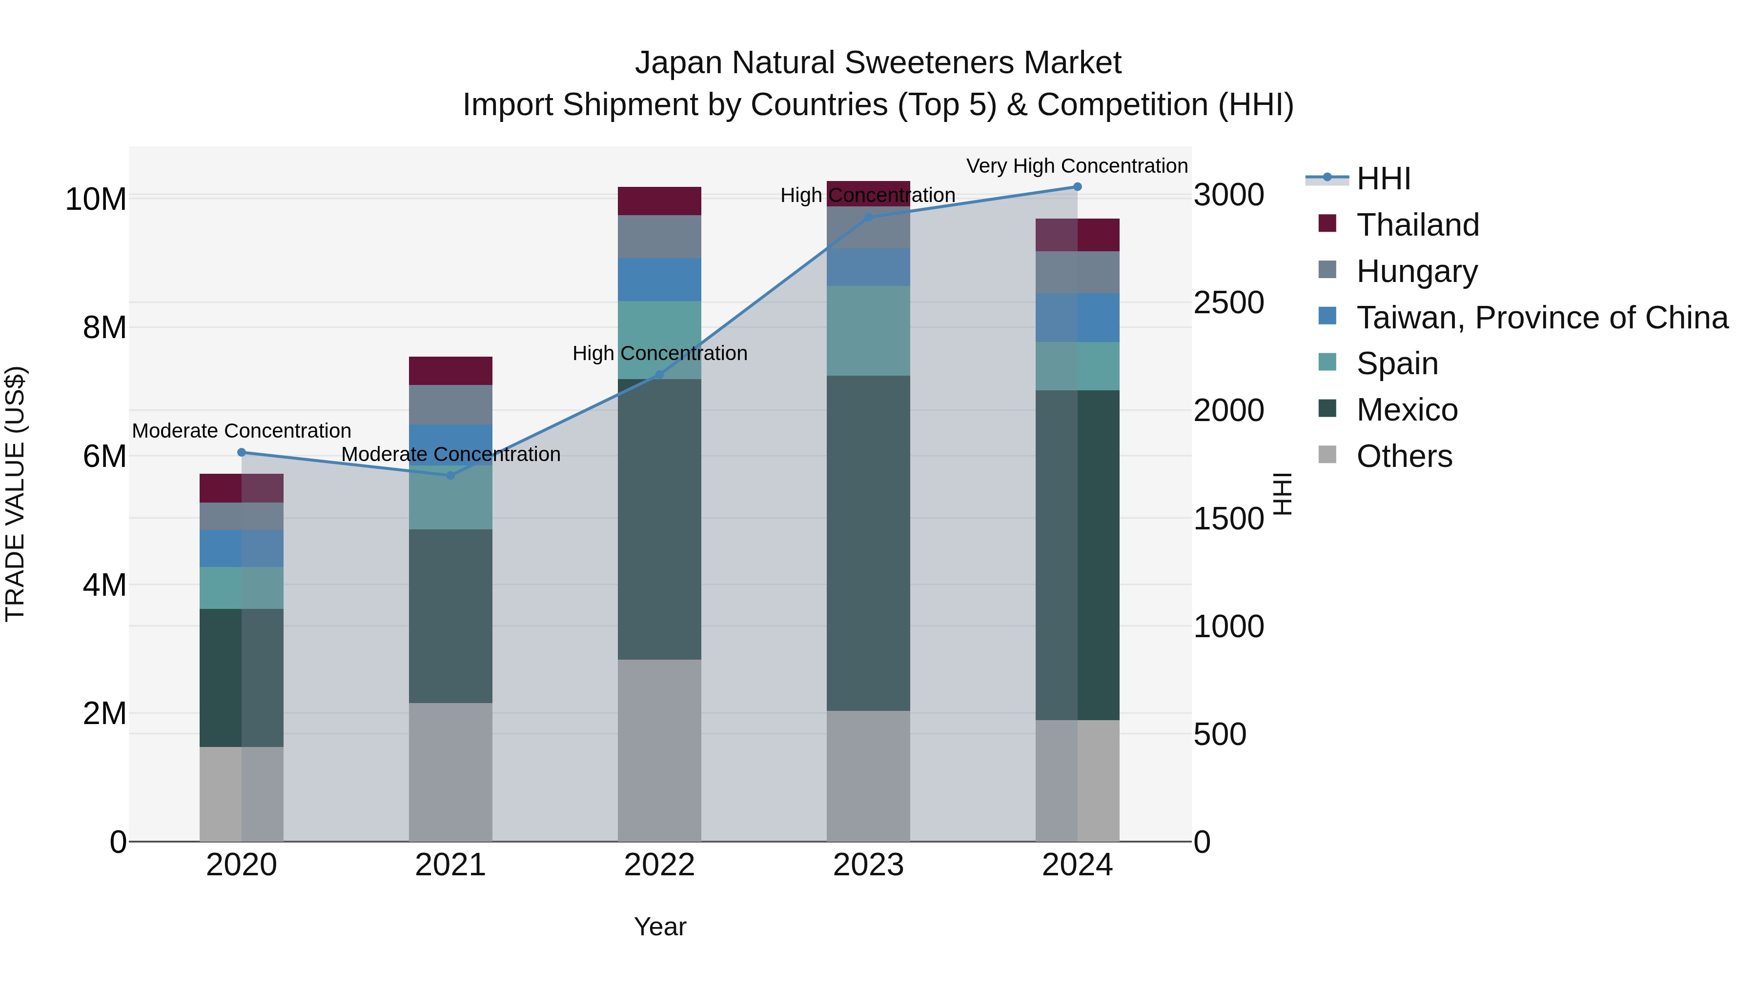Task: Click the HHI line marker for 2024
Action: click(1077, 187)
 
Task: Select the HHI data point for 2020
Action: click(242, 452)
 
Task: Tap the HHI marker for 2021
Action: click(450, 475)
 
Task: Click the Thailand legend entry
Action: click(1417, 225)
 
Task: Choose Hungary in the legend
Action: click(1417, 271)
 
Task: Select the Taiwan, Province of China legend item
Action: click(1541, 318)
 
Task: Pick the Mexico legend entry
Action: click(1407, 410)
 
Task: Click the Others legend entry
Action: click(1404, 456)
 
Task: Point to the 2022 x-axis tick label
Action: click(659, 865)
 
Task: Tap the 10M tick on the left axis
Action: click(96, 199)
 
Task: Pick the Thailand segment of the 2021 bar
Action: click(450, 371)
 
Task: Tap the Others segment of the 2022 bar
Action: click(659, 750)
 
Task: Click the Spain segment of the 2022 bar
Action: click(659, 340)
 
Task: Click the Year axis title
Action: click(659, 927)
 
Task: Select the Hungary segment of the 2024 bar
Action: click(1077, 273)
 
